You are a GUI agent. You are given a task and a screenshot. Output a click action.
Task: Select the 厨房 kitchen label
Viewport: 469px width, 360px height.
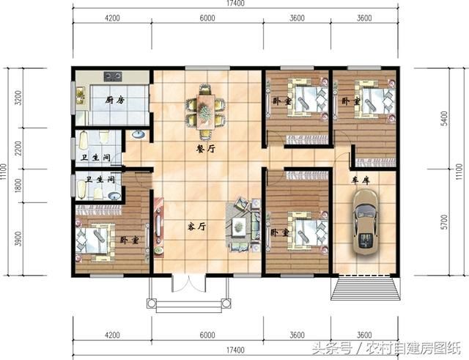pyautogui.click(x=114, y=100)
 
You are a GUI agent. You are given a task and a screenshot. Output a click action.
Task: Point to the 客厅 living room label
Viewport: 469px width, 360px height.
pyautogui.click(x=196, y=227)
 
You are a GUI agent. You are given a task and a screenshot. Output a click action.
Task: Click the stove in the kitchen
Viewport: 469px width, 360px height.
pyautogui.click(x=112, y=75)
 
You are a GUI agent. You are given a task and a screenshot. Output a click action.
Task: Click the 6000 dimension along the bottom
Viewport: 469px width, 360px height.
pyautogui.click(x=207, y=335)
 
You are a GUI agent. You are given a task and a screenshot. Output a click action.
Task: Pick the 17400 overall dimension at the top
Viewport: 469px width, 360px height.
pyautogui.click(x=235, y=5)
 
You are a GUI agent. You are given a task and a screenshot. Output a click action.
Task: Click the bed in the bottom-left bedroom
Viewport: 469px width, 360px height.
pyautogui.click(x=96, y=239)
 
